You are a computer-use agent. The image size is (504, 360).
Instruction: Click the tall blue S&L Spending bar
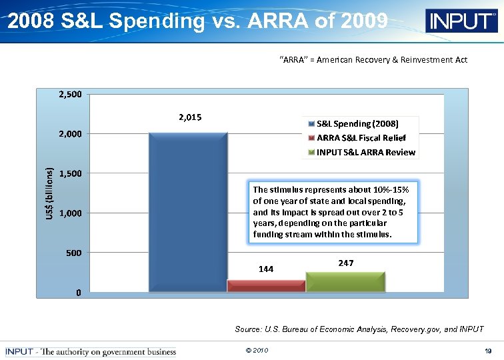point(188,212)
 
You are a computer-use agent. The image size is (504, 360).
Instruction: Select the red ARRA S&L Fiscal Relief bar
point(266,286)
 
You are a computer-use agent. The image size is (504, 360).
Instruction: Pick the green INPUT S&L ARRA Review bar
point(345,282)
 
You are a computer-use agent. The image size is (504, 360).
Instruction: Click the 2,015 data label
point(190,117)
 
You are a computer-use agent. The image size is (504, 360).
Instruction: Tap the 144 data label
point(266,269)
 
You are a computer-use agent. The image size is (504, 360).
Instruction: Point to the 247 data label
point(345,263)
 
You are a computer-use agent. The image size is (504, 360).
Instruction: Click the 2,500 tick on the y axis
point(70,94)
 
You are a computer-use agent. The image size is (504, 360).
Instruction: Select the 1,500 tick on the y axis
point(70,173)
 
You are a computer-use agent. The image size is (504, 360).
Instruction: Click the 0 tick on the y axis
point(79,293)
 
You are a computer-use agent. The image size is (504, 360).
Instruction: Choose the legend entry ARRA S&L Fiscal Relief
point(361,138)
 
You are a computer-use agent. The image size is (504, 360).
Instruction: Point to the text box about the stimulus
point(331,212)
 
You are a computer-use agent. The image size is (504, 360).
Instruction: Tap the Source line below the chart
point(359,329)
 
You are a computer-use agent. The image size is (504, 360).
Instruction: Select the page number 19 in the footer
point(488,351)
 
